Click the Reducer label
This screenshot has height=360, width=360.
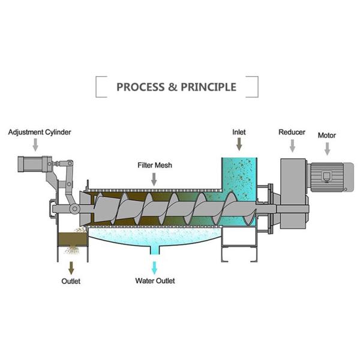(x=292, y=132)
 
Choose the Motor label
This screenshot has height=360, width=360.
(x=326, y=136)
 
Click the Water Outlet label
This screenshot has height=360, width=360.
(x=155, y=280)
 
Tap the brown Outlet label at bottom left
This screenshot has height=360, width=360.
(x=71, y=280)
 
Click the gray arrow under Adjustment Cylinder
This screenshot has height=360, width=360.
(x=35, y=145)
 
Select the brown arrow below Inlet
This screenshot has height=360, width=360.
(x=239, y=145)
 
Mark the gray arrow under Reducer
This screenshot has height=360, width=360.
(x=292, y=145)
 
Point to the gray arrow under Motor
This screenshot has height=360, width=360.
(x=327, y=148)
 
